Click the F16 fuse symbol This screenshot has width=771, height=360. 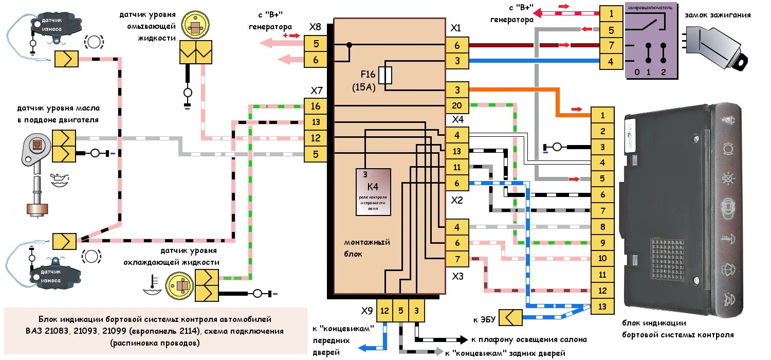point(385,75)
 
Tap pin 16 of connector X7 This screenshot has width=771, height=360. point(316,106)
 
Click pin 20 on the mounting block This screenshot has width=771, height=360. point(457,106)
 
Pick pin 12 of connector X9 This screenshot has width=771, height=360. point(384,311)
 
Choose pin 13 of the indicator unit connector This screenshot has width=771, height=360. point(602,307)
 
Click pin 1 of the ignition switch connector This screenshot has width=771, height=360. point(611,14)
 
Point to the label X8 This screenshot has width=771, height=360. point(315,27)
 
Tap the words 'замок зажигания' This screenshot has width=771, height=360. point(717,15)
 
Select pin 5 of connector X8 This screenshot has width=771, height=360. point(316,44)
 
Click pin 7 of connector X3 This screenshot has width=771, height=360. point(457,259)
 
